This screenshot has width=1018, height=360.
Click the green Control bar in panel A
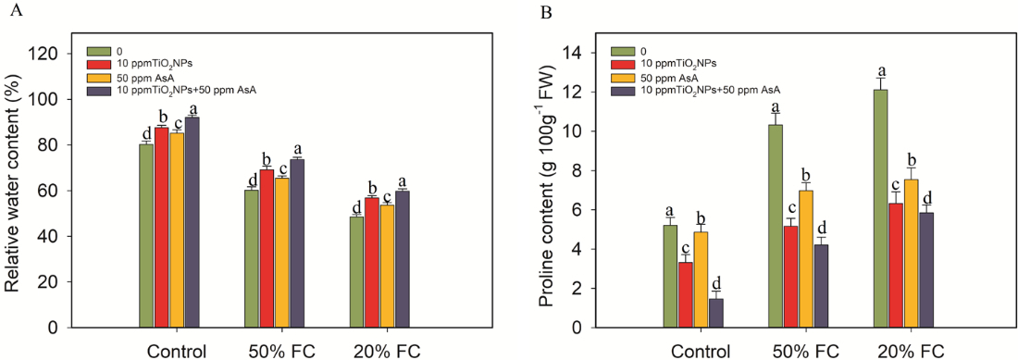[x=146, y=236]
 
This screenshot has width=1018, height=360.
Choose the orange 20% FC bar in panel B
[x=911, y=254]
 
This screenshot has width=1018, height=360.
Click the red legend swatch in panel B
[x=622, y=64]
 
